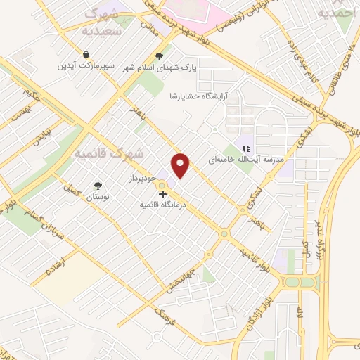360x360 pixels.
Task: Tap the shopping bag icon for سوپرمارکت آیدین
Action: coord(86,54)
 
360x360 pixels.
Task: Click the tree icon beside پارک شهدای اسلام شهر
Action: coord(160,57)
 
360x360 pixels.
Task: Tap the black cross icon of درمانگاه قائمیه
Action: coord(162,194)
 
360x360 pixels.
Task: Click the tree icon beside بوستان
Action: coord(97,186)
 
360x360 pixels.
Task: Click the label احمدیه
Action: coord(337,13)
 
